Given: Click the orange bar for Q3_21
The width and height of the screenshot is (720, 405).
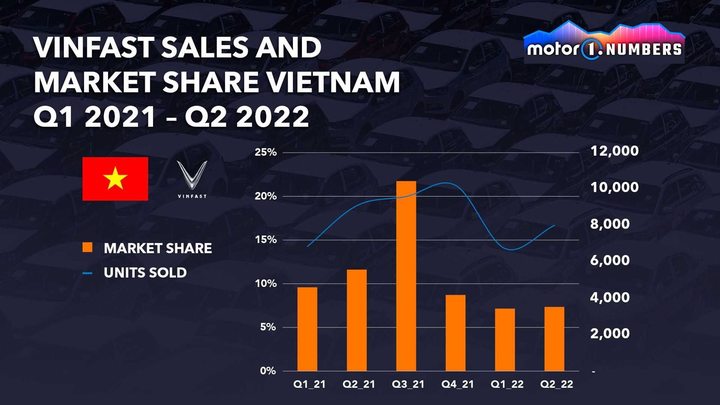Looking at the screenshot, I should point(406,276).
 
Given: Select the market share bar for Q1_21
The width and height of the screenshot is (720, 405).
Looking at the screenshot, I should point(307,329).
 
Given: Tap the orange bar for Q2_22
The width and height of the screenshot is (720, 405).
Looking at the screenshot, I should point(554,339).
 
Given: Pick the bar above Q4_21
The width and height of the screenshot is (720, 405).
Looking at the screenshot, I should point(455,333).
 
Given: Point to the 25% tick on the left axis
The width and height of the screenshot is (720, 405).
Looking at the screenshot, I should point(265,153).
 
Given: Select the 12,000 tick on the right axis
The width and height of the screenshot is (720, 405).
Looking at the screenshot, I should point(614,151).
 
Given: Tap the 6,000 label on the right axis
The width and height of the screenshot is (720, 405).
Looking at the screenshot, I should point(610,261).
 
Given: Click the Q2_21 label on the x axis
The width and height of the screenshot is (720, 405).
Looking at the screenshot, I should point(359,384).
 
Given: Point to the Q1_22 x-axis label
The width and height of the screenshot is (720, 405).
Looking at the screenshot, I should point(507,384).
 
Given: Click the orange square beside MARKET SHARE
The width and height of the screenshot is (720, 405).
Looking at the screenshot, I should point(87,247).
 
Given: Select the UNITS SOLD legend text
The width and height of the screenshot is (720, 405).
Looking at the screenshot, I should point(145,273).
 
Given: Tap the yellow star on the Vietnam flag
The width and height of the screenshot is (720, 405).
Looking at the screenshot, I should point(115,179).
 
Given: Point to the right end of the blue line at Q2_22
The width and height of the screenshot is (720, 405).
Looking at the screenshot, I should point(554,225).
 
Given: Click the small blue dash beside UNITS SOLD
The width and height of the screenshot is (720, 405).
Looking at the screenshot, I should point(87,273).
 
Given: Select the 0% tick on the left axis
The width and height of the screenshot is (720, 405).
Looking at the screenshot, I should point(268,371).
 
